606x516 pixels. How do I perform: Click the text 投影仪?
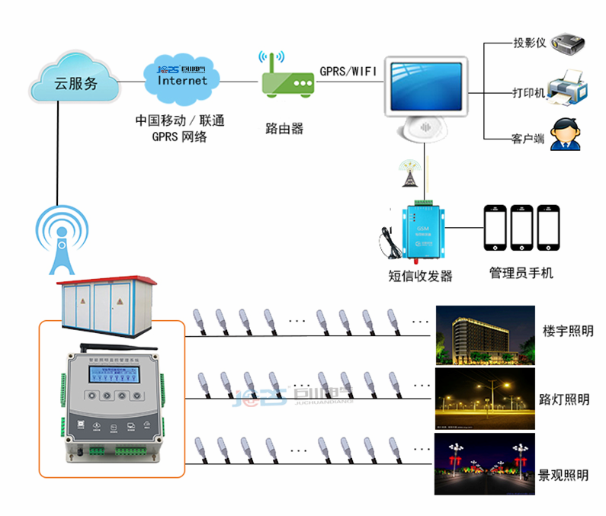529,43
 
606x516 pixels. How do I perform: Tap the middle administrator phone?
522,226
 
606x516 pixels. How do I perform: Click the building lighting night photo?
483,336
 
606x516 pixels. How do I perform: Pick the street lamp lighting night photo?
483,399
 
